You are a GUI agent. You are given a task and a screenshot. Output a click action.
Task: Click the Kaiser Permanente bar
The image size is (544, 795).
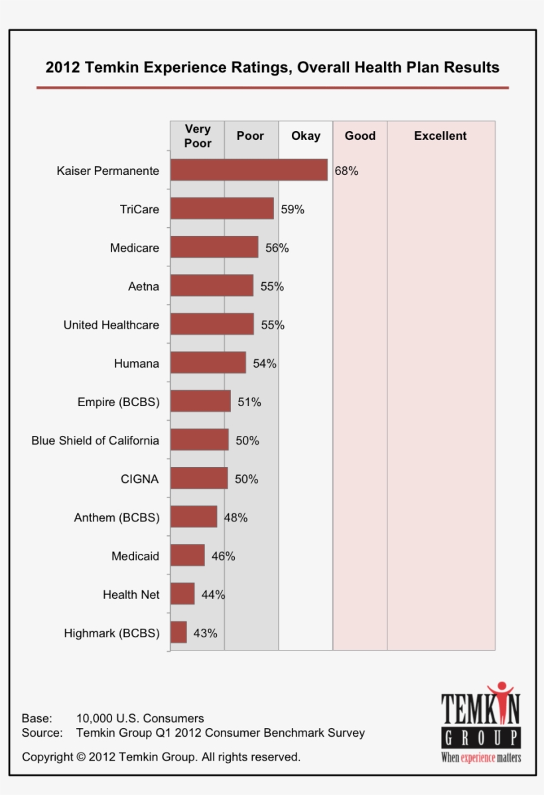249,170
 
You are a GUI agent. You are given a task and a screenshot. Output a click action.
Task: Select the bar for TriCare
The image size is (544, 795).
222,208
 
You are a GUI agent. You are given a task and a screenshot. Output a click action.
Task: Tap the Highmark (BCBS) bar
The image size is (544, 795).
179,632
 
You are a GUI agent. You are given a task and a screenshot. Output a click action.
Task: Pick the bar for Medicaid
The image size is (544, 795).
188,555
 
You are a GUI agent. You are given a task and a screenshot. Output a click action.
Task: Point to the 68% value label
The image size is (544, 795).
346,171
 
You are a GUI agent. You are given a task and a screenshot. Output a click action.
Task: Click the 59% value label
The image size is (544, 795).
293,209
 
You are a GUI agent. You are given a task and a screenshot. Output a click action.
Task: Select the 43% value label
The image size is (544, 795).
205,633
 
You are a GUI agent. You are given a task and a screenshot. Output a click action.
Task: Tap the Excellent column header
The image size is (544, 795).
441,136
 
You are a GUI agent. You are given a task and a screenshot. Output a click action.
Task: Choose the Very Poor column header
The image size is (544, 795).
198,136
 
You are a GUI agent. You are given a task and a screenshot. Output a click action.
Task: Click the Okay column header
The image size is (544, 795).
306,136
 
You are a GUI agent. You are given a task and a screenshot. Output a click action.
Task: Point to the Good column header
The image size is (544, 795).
360,136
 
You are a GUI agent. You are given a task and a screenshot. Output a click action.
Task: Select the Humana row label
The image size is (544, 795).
137,364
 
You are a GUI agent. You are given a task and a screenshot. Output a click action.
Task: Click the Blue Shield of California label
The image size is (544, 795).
96,441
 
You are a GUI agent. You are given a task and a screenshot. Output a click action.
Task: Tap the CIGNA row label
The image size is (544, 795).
140,479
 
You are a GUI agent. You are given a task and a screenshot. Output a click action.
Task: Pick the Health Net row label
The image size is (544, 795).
131,594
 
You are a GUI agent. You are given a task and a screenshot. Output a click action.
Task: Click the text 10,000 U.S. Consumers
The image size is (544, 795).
140,718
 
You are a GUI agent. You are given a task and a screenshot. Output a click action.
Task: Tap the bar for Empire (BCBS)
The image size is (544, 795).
200,401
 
